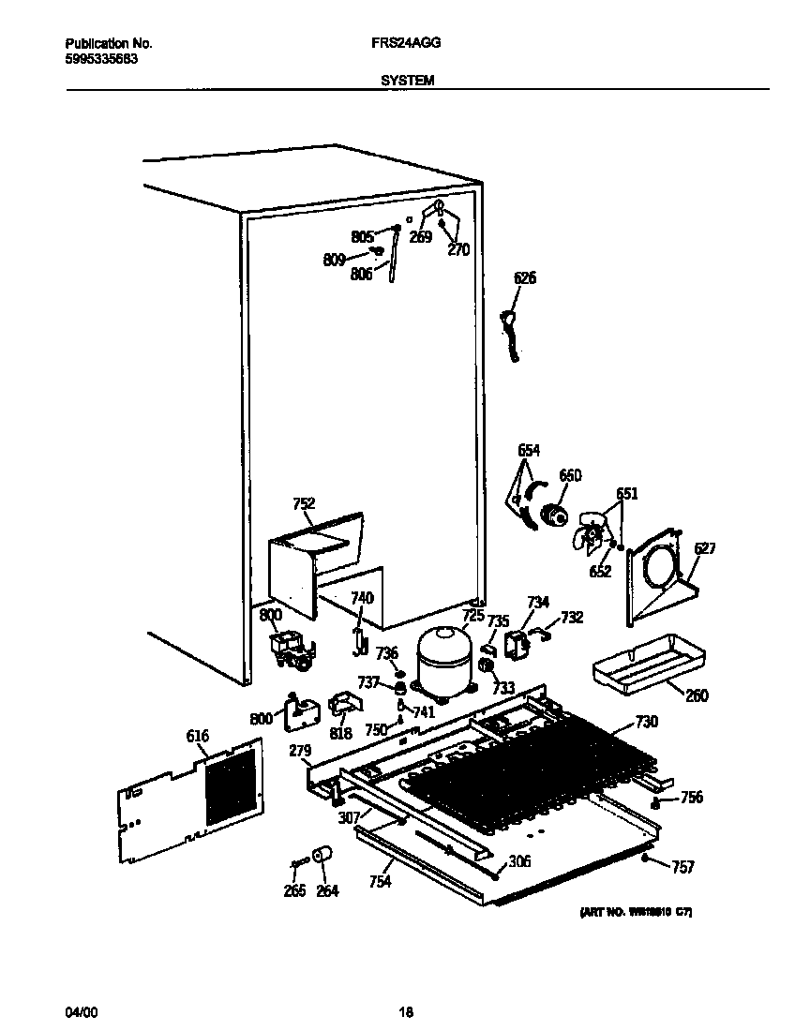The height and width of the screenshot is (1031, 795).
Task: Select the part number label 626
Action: click(x=525, y=277)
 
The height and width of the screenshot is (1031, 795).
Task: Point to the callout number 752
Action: click(x=304, y=504)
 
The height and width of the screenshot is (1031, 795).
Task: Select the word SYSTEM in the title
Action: click(x=407, y=81)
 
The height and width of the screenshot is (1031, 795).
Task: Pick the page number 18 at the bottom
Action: click(x=405, y=1012)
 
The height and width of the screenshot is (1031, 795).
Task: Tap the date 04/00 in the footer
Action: click(x=81, y=1012)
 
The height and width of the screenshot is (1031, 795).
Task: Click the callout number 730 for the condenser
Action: click(x=647, y=721)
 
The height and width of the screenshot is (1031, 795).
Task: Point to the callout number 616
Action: click(x=197, y=737)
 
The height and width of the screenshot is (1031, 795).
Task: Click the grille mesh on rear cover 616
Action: click(x=230, y=784)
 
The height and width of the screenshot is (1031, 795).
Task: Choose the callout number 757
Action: click(x=683, y=868)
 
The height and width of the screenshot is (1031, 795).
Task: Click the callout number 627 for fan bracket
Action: click(x=704, y=549)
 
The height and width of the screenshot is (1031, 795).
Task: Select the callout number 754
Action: click(x=380, y=881)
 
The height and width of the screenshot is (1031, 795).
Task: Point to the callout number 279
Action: click(x=300, y=751)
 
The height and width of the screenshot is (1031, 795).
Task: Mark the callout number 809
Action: click(x=335, y=260)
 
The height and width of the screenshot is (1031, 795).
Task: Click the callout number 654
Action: click(x=529, y=450)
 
